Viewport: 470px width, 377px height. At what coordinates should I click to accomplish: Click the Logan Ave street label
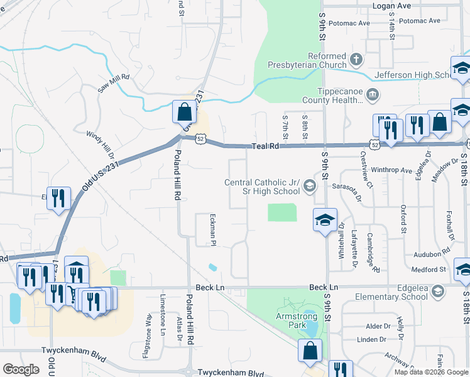tap(411, 6)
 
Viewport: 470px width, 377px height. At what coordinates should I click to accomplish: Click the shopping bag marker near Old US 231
tap(184, 113)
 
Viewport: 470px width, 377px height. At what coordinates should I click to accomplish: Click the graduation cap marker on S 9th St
tap(324, 221)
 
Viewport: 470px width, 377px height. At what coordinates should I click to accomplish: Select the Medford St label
tap(429, 270)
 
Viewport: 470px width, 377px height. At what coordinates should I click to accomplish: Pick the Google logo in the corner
tap(21, 369)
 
